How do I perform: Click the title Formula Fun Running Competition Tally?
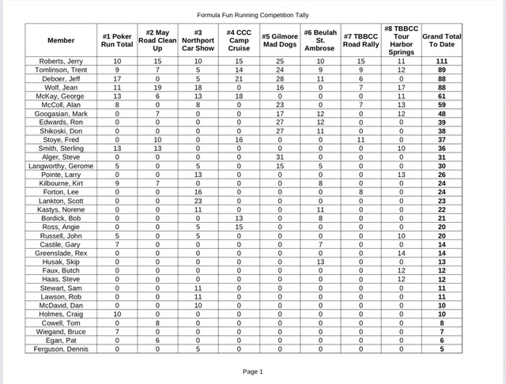[253, 14]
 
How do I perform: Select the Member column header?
[61, 40]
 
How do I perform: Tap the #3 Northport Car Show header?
[198, 40]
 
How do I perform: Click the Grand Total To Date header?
[443, 40]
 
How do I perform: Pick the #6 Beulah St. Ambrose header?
[320, 40]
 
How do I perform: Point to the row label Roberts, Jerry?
[61, 61]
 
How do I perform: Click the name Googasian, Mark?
[61, 113]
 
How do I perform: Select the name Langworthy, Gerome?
[61, 166]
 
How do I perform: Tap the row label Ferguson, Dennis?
[61, 348]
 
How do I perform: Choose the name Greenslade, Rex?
[61, 253]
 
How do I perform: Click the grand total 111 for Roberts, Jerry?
[443, 61]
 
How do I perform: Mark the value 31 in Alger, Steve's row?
[279, 157]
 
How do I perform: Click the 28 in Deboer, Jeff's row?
[279, 78]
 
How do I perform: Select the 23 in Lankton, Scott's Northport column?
[198, 201]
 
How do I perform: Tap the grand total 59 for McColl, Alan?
[443, 104]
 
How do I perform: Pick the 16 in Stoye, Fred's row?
[239, 139]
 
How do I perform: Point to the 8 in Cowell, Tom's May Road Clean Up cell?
[157, 322]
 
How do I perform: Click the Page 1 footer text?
[252, 371]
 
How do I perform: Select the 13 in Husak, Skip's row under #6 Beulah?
[320, 262]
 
